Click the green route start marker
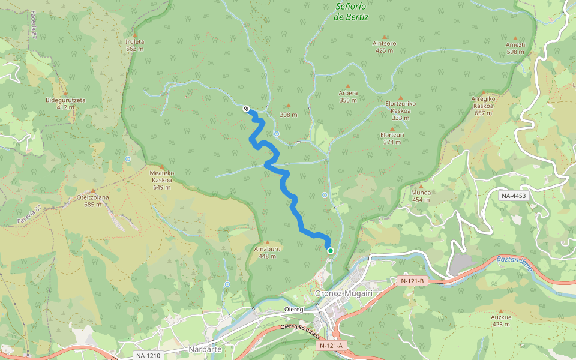click(x=330, y=250)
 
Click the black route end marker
click(x=246, y=109)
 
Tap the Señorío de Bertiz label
click(x=351, y=11)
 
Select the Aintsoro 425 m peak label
click(x=384, y=46)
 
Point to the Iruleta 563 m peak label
click(x=135, y=45)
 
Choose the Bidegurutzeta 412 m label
click(x=65, y=103)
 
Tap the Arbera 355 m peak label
click(x=348, y=96)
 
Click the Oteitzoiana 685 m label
click(x=93, y=200)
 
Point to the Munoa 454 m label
click(x=421, y=196)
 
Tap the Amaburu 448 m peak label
click(x=267, y=252)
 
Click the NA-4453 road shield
click(x=514, y=196)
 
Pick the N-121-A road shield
click(x=331, y=346)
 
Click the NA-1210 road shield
click(x=148, y=356)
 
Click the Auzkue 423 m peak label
click(x=500, y=320)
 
